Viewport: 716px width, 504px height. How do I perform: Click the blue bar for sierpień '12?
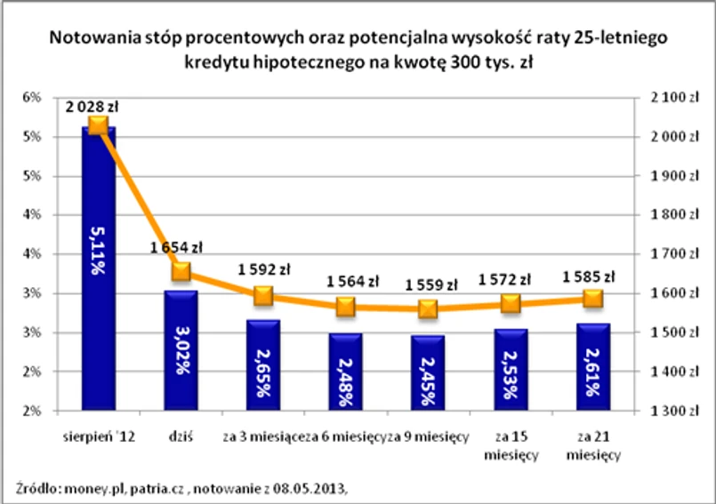98,267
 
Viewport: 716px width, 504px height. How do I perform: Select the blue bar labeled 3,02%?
181,350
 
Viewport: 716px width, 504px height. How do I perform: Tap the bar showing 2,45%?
428,372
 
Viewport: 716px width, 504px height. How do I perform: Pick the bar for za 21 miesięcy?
593,366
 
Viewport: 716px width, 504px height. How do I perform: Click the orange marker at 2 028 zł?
98,125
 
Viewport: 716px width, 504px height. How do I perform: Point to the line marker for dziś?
181,271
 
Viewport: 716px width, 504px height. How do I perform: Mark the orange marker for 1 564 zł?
345,307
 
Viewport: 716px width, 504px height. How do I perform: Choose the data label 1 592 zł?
264,268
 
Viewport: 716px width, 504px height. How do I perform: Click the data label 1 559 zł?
430,285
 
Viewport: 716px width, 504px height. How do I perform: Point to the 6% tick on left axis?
31,97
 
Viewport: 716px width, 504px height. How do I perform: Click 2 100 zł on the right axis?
663,98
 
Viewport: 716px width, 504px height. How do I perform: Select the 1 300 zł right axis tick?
663,411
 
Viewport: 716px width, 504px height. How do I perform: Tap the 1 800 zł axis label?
663,215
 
